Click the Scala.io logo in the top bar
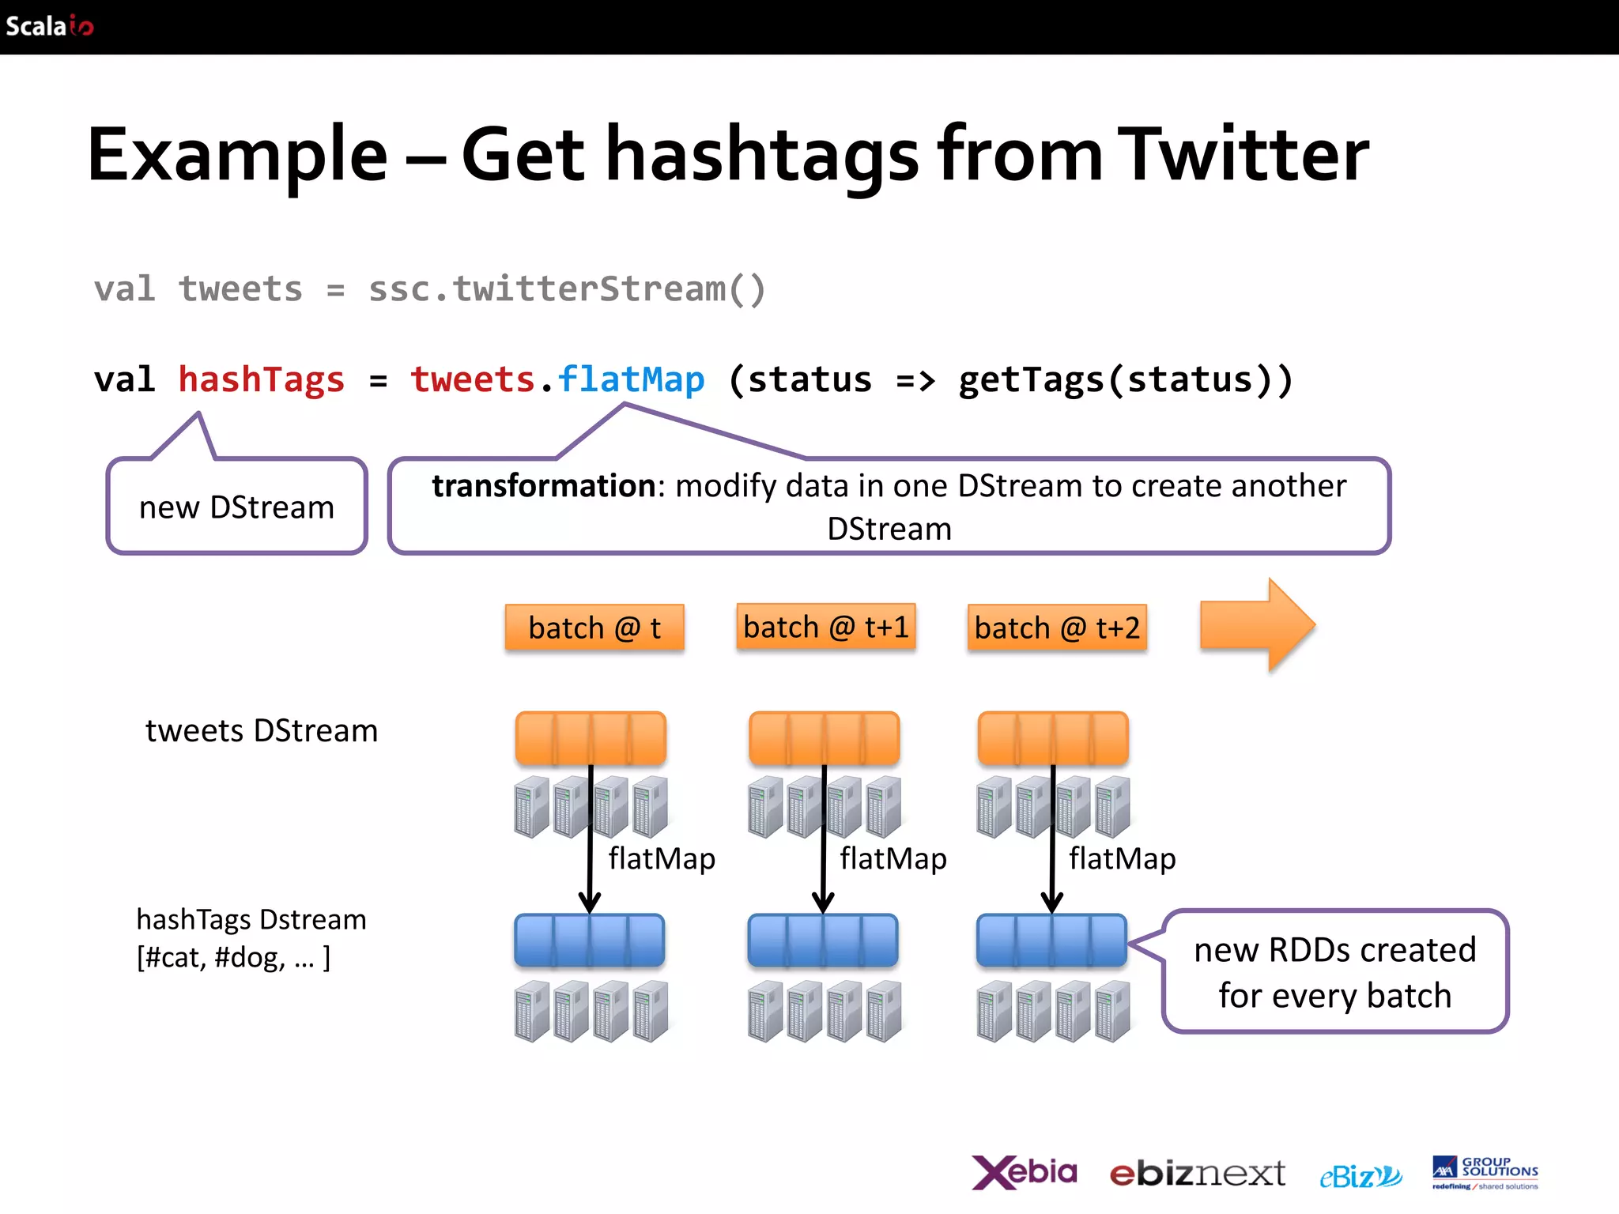49,26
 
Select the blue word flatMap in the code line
630,380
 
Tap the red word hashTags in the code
262,380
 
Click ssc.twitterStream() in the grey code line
567,289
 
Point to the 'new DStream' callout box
237,507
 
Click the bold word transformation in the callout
543,486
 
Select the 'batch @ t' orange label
594,628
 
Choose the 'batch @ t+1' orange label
825,628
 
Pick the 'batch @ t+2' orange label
1057,628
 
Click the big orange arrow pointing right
1257,625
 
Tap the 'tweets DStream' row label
262,731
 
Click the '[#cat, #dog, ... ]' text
233,958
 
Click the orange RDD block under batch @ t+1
824,738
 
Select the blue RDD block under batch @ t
590,941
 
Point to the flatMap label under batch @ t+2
1122,858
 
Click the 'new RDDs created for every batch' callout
1334,972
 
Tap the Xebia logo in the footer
1024,1172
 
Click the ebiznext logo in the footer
1197,1174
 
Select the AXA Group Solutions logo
1485,1172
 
